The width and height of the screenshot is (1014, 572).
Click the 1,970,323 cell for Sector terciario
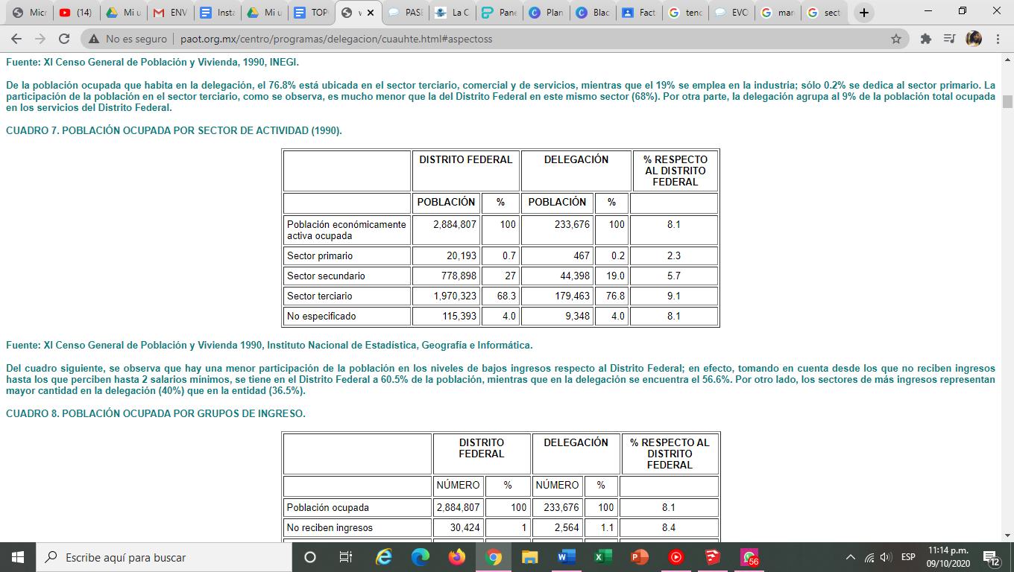(455, 296)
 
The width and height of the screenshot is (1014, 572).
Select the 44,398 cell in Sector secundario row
(572, 276)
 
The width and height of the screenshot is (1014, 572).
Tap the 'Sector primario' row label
(320, 255)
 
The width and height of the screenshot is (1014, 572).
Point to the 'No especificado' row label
(321, 316)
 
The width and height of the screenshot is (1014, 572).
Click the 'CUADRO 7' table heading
(174, 130)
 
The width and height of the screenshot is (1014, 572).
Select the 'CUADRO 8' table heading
(155, 413)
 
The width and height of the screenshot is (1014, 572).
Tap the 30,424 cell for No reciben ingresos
(464, 527)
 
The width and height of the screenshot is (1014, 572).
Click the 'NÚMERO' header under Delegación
(558, 485)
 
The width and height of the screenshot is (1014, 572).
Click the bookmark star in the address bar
(896, 39)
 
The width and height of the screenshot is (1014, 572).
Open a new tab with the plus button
(863, 13)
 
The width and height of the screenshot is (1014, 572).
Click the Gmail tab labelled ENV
(171, 13)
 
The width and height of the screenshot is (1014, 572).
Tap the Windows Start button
(17, 557)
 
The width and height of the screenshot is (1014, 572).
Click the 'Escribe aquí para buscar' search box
(164, 557)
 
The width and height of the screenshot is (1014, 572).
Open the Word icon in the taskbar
(566, 557)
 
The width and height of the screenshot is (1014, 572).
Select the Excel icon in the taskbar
(602, 557)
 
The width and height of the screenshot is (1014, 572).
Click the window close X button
(996, 11)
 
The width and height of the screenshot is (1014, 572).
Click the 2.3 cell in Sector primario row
(673, 255)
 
